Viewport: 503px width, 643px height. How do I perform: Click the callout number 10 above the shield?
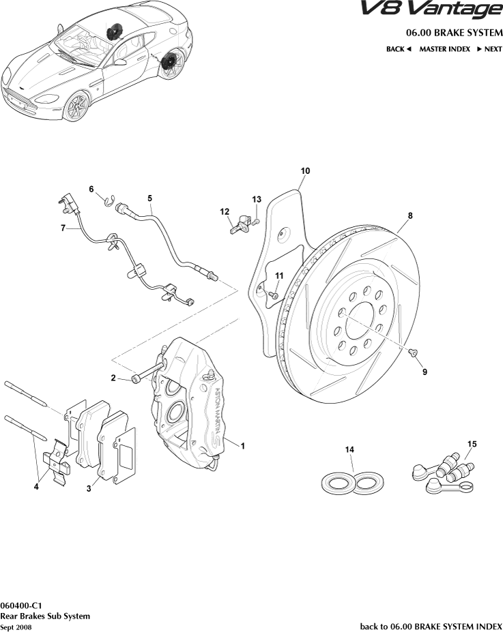click(x=305, y=170)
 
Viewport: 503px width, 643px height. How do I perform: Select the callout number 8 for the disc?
click(x=410, y=215)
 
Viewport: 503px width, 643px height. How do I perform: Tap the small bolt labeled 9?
click(x=414, y=353)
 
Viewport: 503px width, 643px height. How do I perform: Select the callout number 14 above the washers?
click(x=349, y=449)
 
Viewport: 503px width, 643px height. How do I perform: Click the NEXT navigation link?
click(x=489, y=49)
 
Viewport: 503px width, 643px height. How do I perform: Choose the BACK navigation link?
click(x=399, y=49)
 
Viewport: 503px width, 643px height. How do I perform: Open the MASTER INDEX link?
click(x=444, y=49)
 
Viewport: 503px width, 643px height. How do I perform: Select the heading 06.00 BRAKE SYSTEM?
click(x=453, y=33)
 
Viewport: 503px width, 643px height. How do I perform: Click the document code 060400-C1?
click(x=22, y=605)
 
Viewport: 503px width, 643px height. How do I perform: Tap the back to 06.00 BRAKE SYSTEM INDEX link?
click(x=431, y=625)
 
